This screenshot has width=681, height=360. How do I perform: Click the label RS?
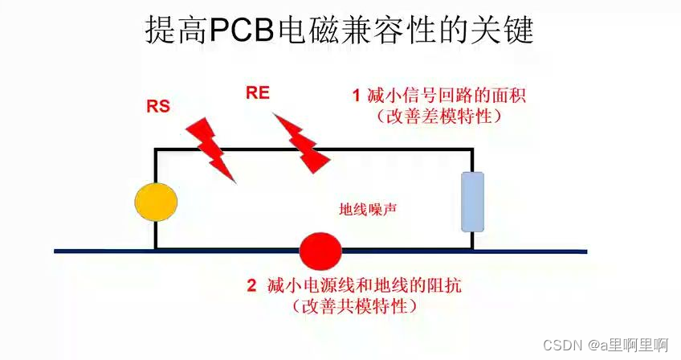(x=158, y=106)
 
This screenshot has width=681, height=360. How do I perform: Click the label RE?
(x=258, y=94)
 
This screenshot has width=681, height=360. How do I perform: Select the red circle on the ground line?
(x=320, y=251)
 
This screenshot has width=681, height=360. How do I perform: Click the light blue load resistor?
(x=471, y=201)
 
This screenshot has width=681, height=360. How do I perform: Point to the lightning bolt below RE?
(x=302, y=142)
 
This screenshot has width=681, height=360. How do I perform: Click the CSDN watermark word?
(x=563, y=345)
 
